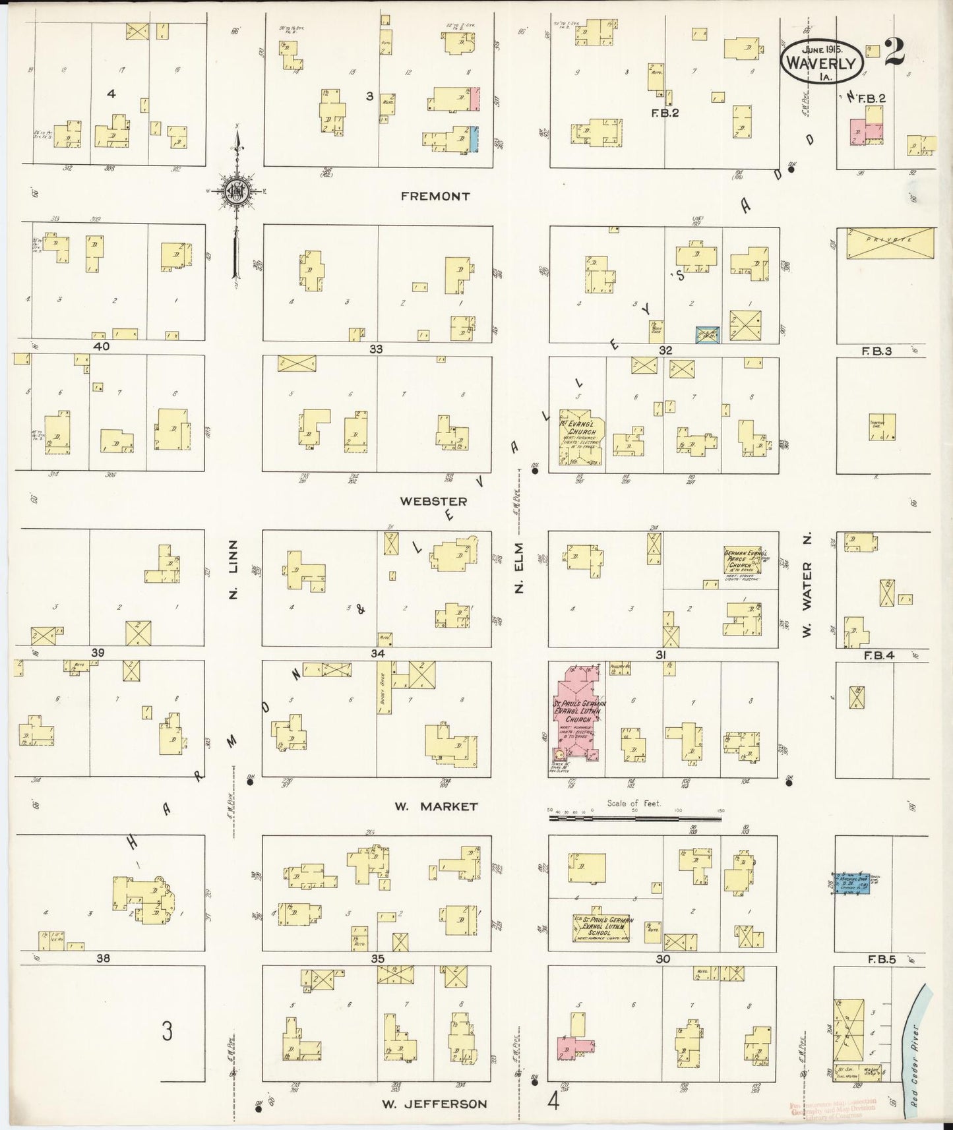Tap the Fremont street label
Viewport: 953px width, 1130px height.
point(435,196)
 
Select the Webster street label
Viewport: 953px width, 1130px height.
point(433,502)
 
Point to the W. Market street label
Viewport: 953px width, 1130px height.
point(435,806)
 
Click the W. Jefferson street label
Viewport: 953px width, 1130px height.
point(435,1104)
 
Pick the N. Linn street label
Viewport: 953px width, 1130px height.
point(233,571)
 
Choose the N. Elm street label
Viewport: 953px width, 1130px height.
point(519,568)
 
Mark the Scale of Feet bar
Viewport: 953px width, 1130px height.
point(634,819)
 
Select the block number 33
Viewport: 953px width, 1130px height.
point(376,349)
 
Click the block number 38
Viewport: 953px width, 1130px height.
point(103,958)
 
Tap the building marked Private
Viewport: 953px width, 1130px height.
point(890,243)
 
